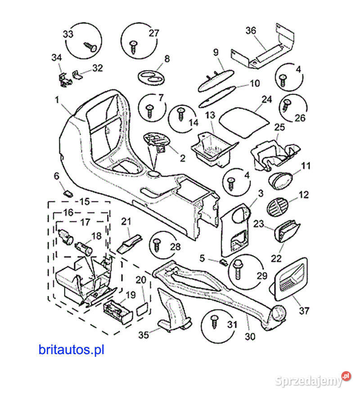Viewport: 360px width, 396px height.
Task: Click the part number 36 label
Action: pyautogui.click(x=251, y=31)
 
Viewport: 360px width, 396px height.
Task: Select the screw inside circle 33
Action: pyautogui.click(x=90, y=46)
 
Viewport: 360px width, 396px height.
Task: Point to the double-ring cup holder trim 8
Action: pyautogui.click(x=151, y=76)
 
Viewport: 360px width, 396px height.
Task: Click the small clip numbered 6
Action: pyautogui.click(x=68, y=194)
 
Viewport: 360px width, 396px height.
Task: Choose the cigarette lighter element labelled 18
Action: pyautogui.click(x=84, y=246)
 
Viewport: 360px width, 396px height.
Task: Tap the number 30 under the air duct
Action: pyautogui.click(x=250, y=336)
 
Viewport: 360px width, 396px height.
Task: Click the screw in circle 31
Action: pyautogui.click(x=214, y=322)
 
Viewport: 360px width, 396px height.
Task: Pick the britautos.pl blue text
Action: pyautogui.click(x=71, y=349)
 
